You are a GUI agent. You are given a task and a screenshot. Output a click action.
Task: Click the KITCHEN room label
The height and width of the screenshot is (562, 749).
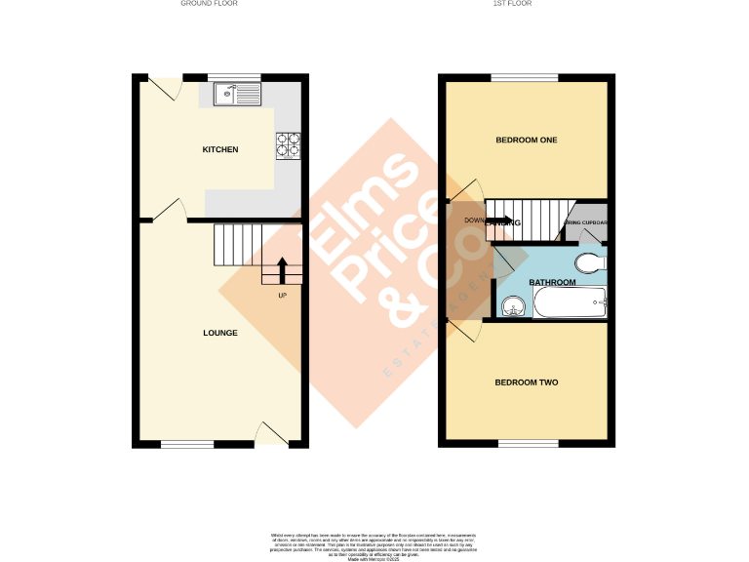coord(220,149)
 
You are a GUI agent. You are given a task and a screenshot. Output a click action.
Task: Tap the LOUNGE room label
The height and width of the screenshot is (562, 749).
coord(220,333)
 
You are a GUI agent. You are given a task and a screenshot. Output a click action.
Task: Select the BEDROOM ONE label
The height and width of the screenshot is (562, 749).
coord(527,140)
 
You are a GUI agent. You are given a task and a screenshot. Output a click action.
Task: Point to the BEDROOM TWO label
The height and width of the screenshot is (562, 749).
coord(527,382)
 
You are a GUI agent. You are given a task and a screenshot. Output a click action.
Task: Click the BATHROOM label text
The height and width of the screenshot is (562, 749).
coord(552,283)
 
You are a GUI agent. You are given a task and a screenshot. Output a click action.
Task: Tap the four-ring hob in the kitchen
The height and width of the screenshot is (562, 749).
coord(289,144)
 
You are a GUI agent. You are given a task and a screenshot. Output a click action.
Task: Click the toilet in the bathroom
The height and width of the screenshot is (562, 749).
coord(589,261)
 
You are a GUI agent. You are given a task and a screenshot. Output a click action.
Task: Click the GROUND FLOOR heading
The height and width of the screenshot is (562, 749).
coord(209,4)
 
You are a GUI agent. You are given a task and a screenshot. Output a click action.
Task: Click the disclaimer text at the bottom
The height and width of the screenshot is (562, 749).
coord(374,544)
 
